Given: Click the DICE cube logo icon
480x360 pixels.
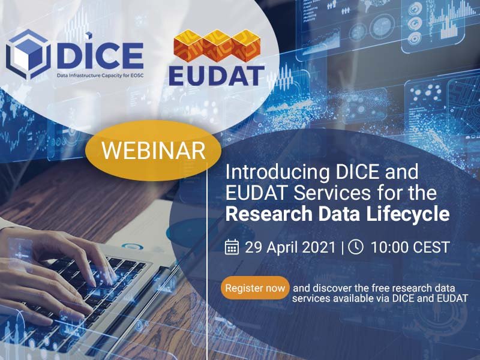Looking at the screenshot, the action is coord(28,54).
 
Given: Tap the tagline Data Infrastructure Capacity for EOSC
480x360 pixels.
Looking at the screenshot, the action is coord(100,76).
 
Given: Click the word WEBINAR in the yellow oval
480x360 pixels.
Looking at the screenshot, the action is coord(154,151).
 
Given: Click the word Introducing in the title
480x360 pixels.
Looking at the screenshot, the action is coord(278,172).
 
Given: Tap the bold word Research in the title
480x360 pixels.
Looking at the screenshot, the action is coord(269,214).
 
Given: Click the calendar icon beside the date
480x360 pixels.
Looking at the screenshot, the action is coord(232,247).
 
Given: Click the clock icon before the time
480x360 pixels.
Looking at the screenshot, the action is coord(356,247).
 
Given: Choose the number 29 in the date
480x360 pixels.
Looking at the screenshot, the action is coord(253,247).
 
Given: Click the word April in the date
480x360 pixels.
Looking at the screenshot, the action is coord(281,248).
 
